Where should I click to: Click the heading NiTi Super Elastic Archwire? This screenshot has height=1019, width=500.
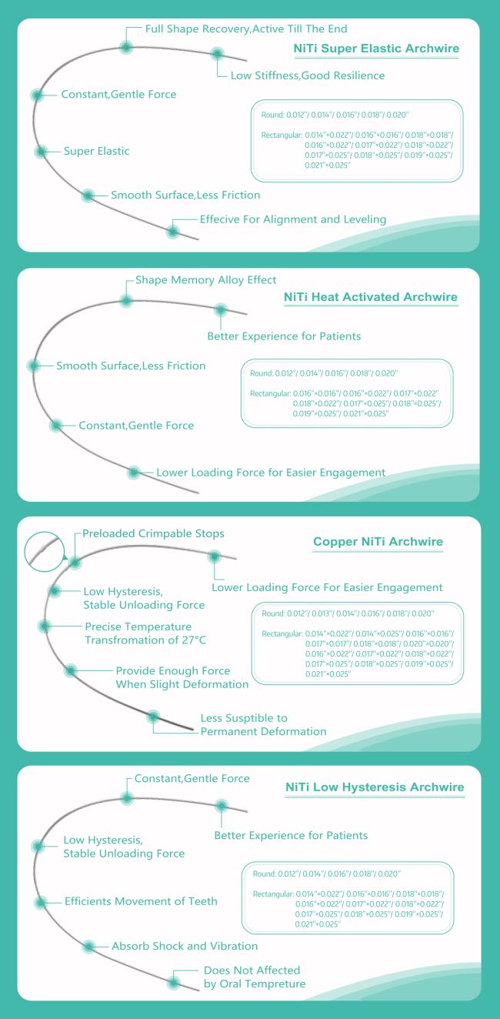coord(376,48)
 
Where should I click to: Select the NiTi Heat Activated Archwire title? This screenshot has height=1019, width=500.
coord(371,297)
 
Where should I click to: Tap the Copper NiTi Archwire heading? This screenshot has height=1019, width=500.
coord(378,541)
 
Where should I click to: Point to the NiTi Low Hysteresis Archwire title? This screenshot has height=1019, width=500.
coord(375,787)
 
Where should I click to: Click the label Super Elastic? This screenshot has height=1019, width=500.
coord(96,151)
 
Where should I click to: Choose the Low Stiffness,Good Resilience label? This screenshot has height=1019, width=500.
coord(308,75)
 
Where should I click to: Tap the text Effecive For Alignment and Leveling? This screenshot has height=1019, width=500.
coord(293,219)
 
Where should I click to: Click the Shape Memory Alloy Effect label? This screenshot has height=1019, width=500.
coord(205,280)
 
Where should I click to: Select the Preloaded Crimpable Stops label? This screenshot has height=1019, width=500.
coord(153,533)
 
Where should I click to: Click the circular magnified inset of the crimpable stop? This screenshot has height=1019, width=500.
coord(45,551)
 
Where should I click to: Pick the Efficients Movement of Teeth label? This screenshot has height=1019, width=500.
coord(141,901)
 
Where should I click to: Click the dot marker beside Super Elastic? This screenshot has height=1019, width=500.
coord(41,152)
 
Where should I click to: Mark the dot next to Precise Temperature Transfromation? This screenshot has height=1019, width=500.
coord(45,626)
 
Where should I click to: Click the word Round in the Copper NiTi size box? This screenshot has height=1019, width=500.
coord(273,613)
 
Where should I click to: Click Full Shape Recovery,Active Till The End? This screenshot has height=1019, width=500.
coord(246,29)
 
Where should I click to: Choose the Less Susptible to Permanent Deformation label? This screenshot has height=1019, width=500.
coord(263,725)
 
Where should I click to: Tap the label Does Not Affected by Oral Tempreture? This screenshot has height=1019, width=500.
coord(255,977)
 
